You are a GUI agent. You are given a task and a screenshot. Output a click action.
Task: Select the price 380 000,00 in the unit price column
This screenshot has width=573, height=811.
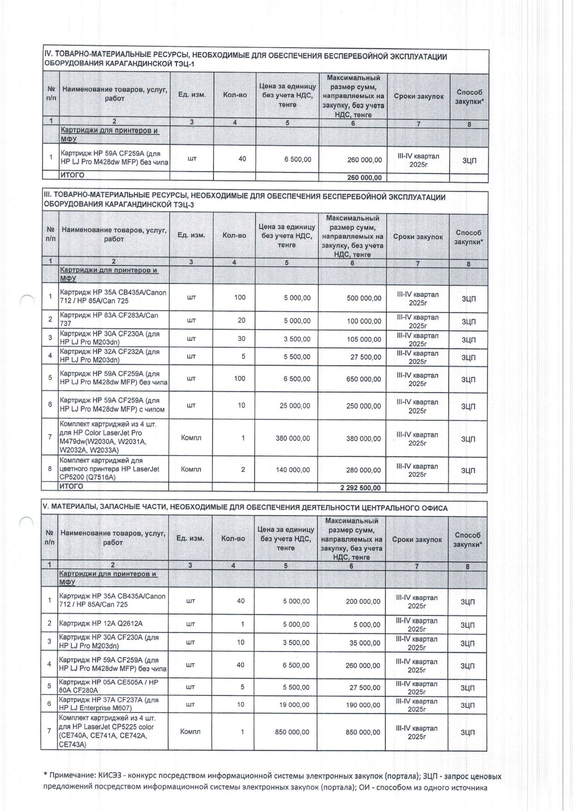click(293, 438)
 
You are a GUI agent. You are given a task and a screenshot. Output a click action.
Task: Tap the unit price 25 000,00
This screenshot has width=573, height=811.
click(293, 405)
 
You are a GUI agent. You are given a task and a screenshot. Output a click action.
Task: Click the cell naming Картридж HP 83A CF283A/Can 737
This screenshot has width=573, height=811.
click(109, 319)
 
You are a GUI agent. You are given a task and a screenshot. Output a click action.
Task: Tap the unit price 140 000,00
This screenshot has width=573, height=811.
click(293, 470)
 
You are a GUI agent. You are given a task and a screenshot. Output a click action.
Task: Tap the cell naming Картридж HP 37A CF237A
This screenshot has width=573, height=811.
click(109, 704)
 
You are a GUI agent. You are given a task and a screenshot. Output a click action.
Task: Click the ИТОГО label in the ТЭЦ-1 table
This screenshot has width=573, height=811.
click(72, 175)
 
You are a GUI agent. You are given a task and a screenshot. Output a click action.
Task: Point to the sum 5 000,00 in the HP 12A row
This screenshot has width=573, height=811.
click(367, 625)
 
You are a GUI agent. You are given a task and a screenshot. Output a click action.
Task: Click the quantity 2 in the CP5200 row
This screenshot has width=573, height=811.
click(243, 469)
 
